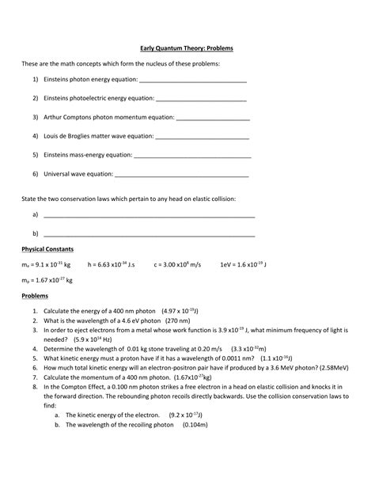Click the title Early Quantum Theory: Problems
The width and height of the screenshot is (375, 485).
[x=187, y=48]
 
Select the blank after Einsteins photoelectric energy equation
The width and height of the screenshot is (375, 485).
[x=201, y=100]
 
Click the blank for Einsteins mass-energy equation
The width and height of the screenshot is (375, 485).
[x=191, y=156]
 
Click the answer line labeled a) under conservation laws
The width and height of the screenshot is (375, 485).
[x=149, y=216]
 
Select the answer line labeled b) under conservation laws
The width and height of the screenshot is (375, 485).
[x=149, y=235]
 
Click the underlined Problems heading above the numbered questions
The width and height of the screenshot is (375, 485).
[x=35, y=297]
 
